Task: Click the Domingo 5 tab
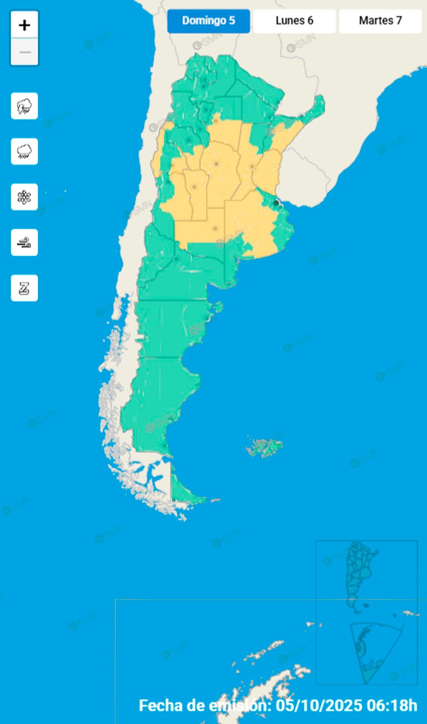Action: (208, 21)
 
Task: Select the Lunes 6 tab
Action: (294, 21)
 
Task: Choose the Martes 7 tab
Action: (380, 21)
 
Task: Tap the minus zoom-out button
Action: (24, 52)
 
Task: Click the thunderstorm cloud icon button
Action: (24, 106)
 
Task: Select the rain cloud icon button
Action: (24, 152)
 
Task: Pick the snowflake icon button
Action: (24, 197)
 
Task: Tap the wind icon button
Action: (24, 242)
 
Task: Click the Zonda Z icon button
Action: (24, 288)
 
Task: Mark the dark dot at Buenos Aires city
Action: (276, 203)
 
